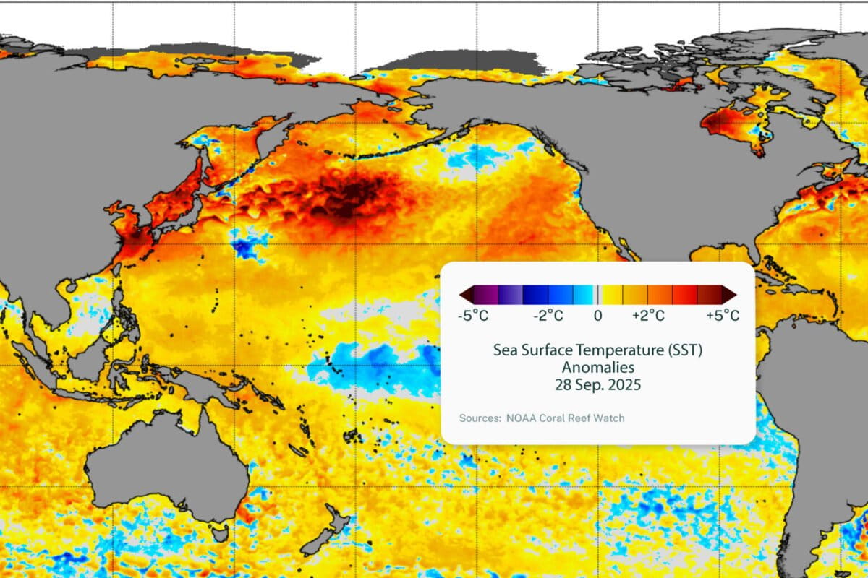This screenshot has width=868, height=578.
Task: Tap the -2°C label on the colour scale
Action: coord(549,316)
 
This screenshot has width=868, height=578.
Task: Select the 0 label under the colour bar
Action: coord(597,316)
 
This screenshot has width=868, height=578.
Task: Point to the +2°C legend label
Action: coord(647,316)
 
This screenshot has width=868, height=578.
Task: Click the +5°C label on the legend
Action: coord(722,316)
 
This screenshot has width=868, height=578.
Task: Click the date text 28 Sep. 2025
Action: coord(597,384)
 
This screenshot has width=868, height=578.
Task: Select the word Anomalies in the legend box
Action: coord(597,367)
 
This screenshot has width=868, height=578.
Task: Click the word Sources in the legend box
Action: coord(478,418)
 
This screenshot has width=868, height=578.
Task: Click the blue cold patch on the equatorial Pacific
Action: coord(376,365)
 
